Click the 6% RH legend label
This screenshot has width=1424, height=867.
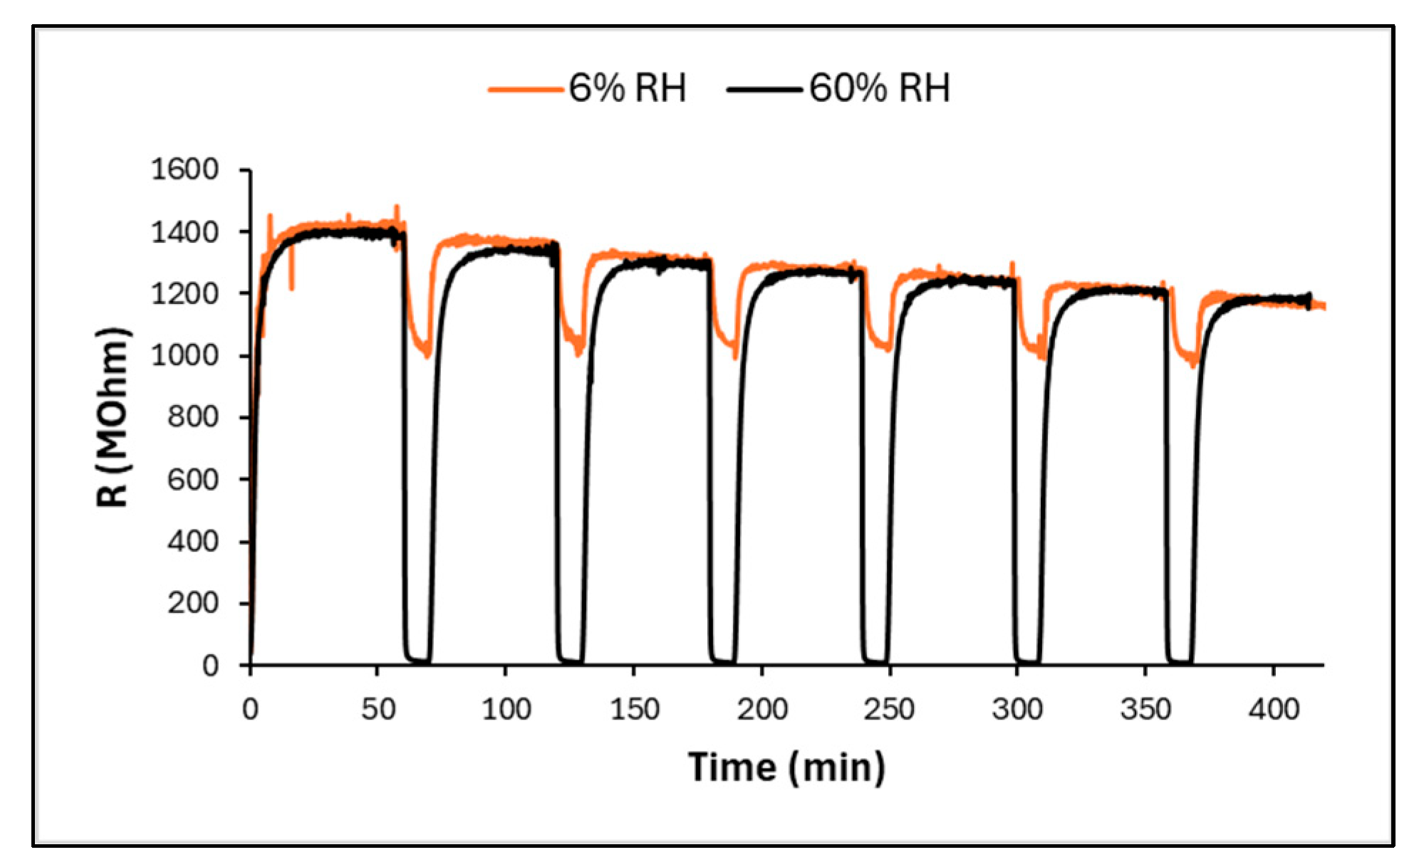point(627,89)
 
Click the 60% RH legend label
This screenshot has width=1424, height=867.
point(879,89)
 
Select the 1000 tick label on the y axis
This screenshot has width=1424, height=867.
point(185,355)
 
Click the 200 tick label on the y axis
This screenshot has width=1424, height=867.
point(192,604)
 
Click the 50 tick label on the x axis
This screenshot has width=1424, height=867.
point(378,710)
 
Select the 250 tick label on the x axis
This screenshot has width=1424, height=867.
point(889,710)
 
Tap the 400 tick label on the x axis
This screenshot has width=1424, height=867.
point(1273,710)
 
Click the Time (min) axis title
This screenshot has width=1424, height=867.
point(786,767)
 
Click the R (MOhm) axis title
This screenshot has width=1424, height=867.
point(113,418)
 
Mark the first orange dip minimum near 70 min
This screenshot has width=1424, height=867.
point(427,354)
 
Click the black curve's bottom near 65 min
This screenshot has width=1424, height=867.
point(417,661)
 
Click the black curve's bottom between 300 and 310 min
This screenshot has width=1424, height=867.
point(1027,662)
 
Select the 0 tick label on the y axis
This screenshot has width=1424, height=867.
point(210,666)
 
